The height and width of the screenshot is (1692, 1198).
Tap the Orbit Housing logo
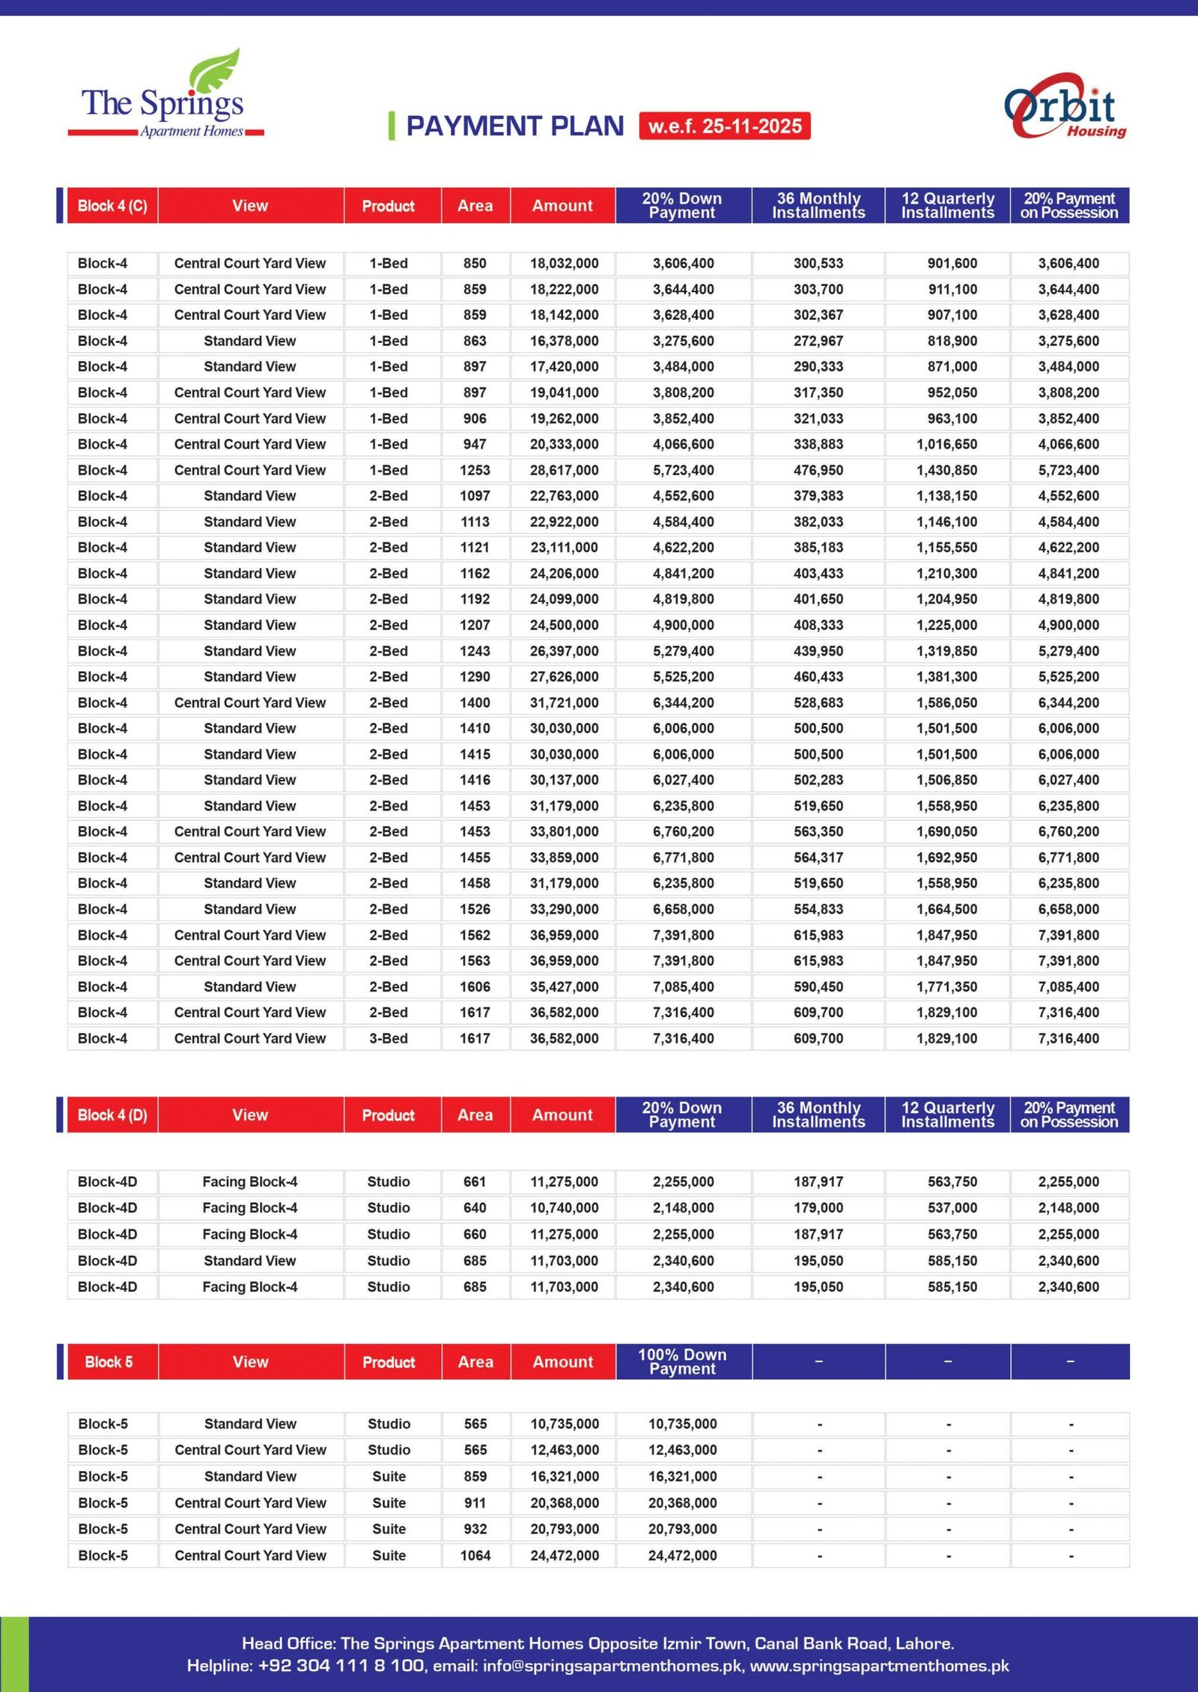[x=1064, y=107]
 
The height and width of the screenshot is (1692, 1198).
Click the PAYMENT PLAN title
[x=514, y=126]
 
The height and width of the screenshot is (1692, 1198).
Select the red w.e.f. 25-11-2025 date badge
[x=724, y=126]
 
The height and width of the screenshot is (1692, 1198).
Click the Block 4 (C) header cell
[x=112, y=206]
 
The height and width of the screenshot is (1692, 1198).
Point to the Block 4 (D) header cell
[x=112, y=1115]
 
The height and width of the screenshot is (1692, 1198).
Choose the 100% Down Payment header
[x=682, y=1362]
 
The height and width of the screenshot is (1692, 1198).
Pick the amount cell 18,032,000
[x=564, y=264]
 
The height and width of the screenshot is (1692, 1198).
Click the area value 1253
[x=475, y=470]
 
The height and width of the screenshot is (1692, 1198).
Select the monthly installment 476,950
[x=818, y=470]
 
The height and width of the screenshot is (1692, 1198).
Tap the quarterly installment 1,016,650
[x=946, y=444]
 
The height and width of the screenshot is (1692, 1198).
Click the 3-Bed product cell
[x=389, y=1039]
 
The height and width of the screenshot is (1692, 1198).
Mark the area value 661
[x=475, y=1182]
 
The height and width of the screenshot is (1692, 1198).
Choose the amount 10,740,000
[x=564, y=1208]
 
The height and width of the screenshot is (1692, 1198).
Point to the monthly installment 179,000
[x=818, y=1208]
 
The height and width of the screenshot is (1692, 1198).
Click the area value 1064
[x=475, y=1556]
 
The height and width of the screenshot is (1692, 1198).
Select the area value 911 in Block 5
[x=475, y=1503]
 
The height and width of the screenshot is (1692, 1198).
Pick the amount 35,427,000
[x=564, y=987]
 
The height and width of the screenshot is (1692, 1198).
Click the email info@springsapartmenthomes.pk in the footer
[x=612, y=1666]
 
